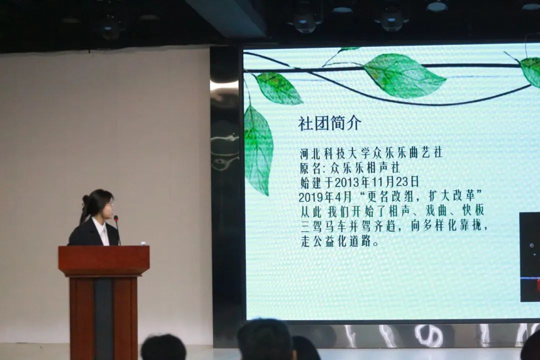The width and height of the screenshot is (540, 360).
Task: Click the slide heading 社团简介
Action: (x=329, y=123)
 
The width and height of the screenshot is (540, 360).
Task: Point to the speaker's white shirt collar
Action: (x=101, y=228)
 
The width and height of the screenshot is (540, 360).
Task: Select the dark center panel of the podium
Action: (x=103, y=317)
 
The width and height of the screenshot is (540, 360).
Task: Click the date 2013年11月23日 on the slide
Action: (x=377, y=182)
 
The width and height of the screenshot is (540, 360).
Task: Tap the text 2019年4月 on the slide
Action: (x=325, y=196)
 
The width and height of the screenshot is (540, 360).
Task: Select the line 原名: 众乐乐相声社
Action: (x=350, y=168)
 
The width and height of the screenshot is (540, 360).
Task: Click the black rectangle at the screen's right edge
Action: (x=529, y=257)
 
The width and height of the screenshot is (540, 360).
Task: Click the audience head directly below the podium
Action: (x=163, y=347)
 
